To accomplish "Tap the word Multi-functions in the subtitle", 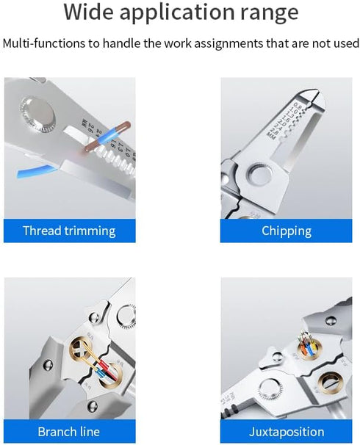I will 44,43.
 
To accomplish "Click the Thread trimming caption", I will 69,231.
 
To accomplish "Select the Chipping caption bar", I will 287,231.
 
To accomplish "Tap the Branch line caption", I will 69,431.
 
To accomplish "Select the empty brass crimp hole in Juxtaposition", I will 327,383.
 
